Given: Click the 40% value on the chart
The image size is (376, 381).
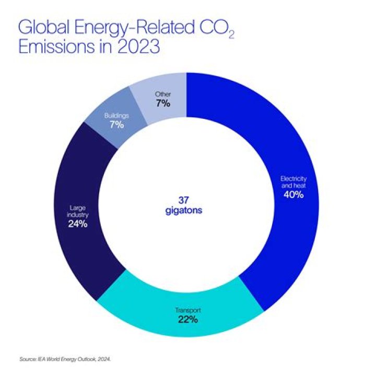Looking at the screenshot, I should click(293, 195).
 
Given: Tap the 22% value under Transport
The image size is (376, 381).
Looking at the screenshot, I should click(187, 319).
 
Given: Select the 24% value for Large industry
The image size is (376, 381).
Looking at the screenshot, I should click(77, 225).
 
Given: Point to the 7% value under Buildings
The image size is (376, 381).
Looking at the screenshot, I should click(116, 125).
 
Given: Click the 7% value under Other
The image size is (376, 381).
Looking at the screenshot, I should click(163, 103).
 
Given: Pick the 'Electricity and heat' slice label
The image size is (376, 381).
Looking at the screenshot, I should click(293, 182).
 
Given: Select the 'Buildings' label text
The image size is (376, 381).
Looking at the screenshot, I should click(116, 116).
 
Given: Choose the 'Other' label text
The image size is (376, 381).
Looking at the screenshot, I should click(163, 94).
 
